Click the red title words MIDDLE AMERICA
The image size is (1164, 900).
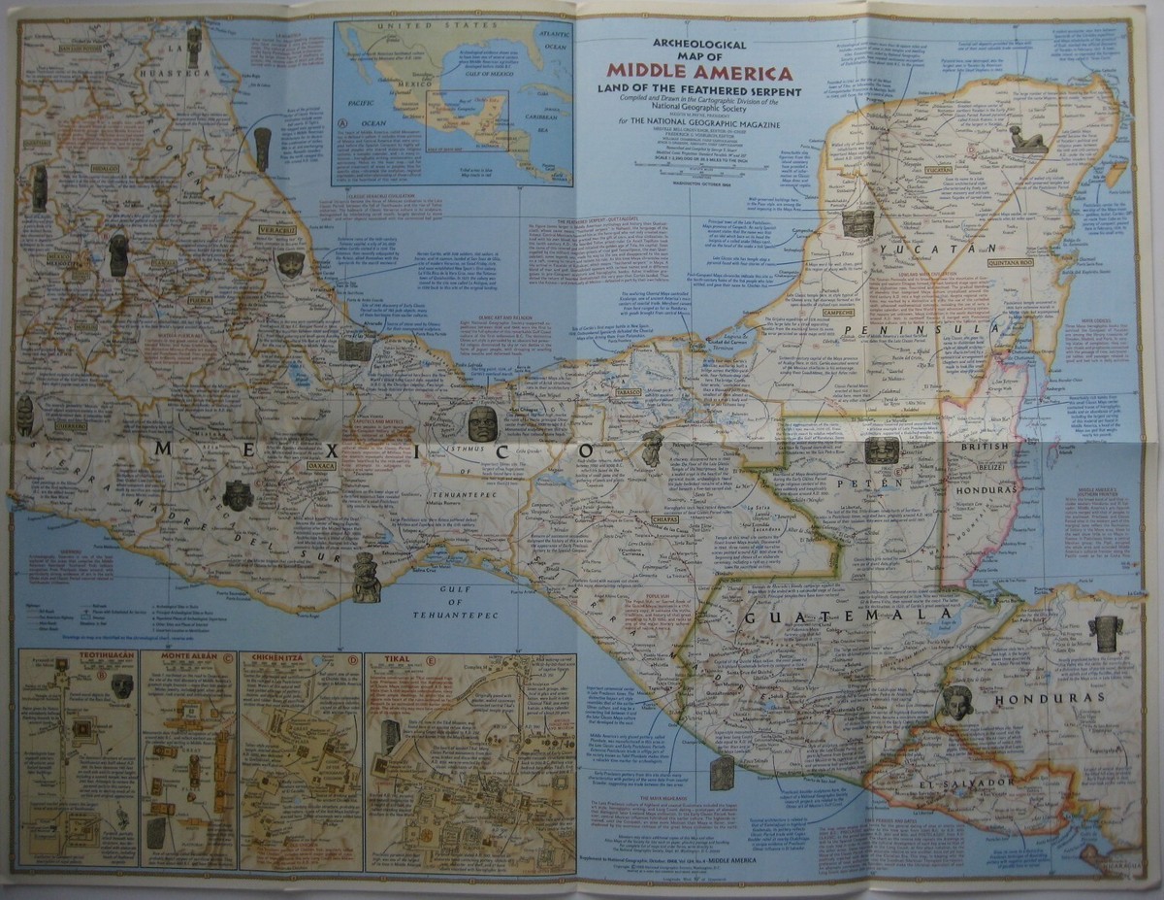698,72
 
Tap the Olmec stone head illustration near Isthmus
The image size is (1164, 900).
482,424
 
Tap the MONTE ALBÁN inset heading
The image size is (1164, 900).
180,659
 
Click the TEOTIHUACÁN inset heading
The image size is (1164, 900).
79,659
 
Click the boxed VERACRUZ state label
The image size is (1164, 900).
276,229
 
